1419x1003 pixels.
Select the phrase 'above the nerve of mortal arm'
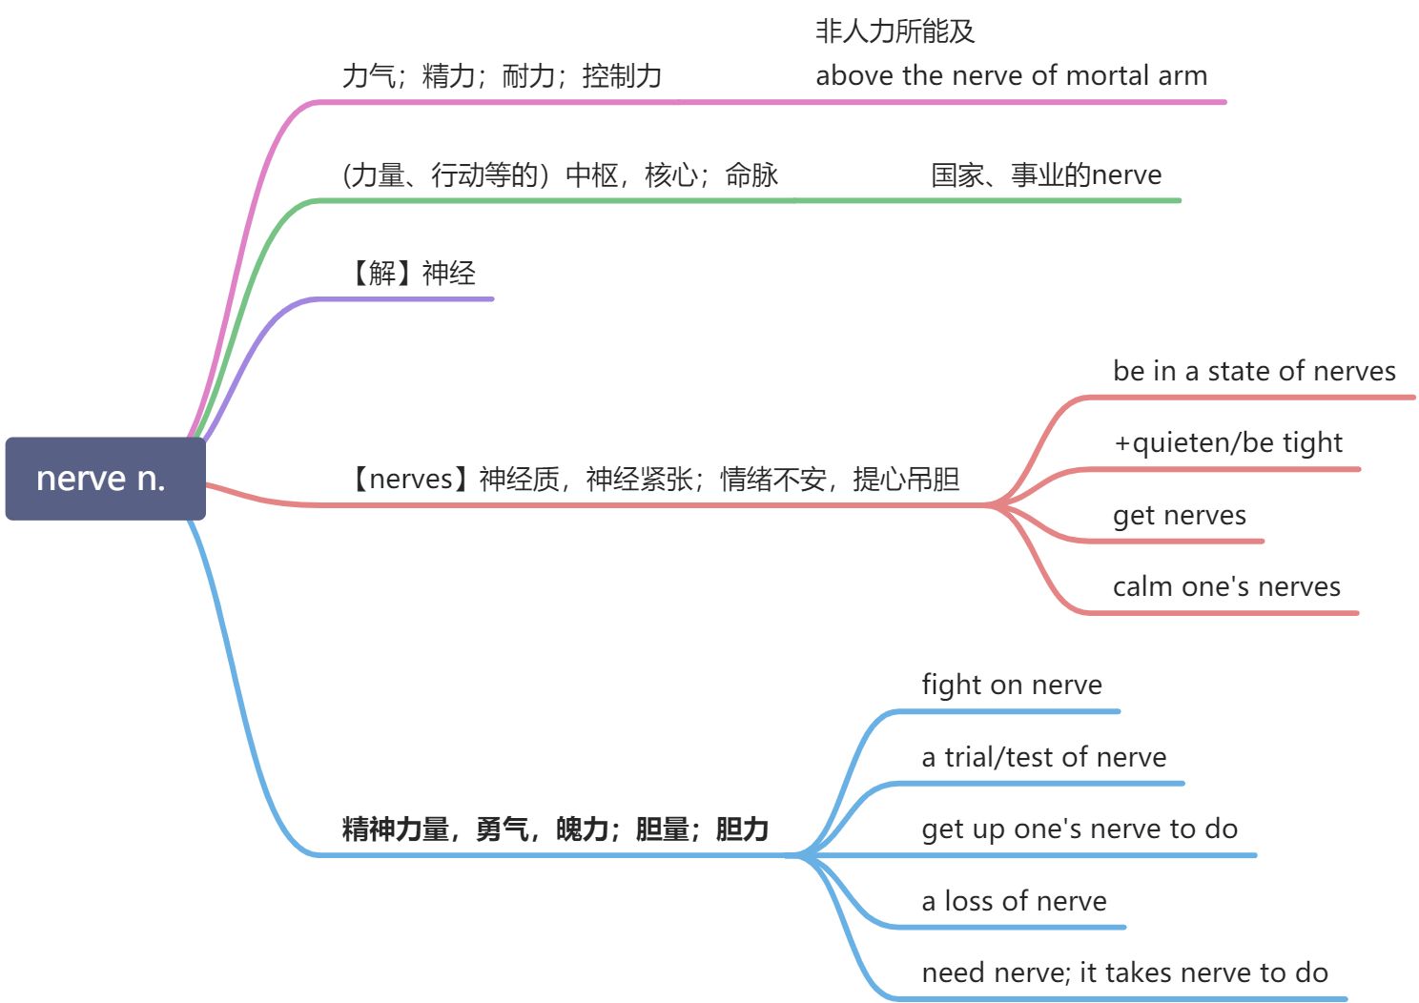(x=1011, y=75)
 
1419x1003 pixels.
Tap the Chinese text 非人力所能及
(x=895, y=31)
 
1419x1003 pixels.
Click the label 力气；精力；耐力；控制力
(x=502, y=75)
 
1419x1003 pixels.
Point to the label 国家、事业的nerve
(x=1046, y=174)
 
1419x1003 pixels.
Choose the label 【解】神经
(x=410, y=274)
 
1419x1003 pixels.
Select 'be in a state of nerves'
(x=1254, y=371)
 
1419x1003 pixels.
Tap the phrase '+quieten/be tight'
(x=1227, y=442)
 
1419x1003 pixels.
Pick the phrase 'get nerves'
(x=1179, y=515)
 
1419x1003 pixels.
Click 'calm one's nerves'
(x=1226, y=586)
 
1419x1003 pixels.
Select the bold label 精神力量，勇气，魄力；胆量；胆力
(x=555, y=829)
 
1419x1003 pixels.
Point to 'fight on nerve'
(x=1011, y=685)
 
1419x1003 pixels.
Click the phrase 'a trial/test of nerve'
(x=1043, y=757)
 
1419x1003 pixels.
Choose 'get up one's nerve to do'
(x=1080, y=829)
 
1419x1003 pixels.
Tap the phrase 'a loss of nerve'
(x=1014, y=901)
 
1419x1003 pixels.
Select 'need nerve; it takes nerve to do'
(x=1124, y=972)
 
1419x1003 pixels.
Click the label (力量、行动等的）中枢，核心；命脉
(x=560, y=174)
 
